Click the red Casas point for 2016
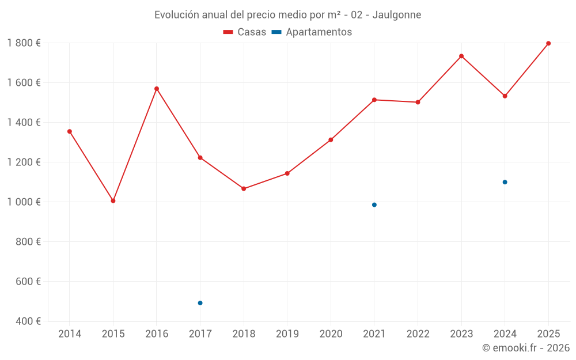157,89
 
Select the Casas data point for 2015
113,201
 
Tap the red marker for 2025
548,43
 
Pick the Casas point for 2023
461,56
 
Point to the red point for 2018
244,188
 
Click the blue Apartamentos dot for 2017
200,303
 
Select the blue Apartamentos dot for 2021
374,204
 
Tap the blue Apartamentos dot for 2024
505,182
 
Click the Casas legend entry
245,32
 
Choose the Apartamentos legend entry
312,32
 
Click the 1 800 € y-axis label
24,43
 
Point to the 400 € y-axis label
27,321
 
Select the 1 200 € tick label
24,162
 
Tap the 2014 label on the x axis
70,334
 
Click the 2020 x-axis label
331,334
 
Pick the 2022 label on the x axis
418,334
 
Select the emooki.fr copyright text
525,348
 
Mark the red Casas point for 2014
70,131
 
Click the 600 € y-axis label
27,281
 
